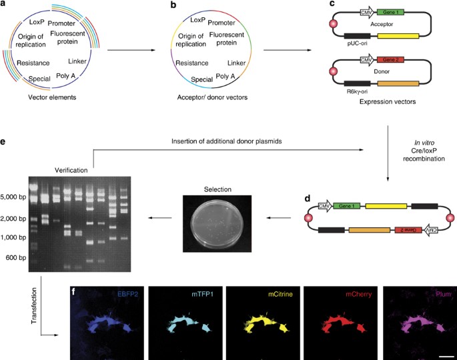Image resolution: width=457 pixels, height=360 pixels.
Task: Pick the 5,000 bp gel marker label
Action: coord(14,197)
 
